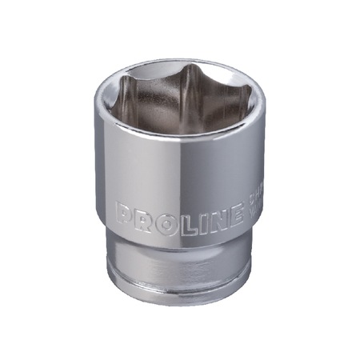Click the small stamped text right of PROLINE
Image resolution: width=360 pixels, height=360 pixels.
[x=242, y=210]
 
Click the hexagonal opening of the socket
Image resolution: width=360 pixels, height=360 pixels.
[x=182, y=96]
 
